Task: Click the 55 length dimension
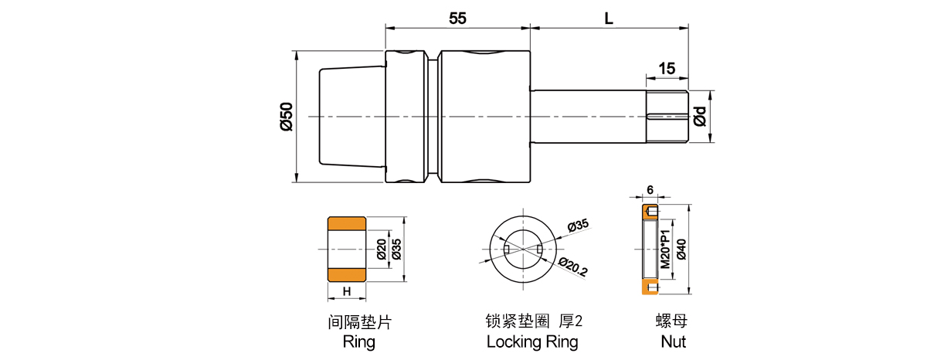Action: (457, 19)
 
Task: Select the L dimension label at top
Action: (609, 19)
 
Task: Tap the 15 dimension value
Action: (667, 68)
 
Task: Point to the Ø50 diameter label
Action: (287, 117)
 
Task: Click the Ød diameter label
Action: (700, 117)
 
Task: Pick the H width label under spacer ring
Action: (347, 291)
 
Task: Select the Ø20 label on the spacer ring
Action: (382, 249)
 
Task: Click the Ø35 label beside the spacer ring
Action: (396, 249)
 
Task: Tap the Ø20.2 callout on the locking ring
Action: (572, 267)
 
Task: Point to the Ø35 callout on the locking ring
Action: (578, 226)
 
